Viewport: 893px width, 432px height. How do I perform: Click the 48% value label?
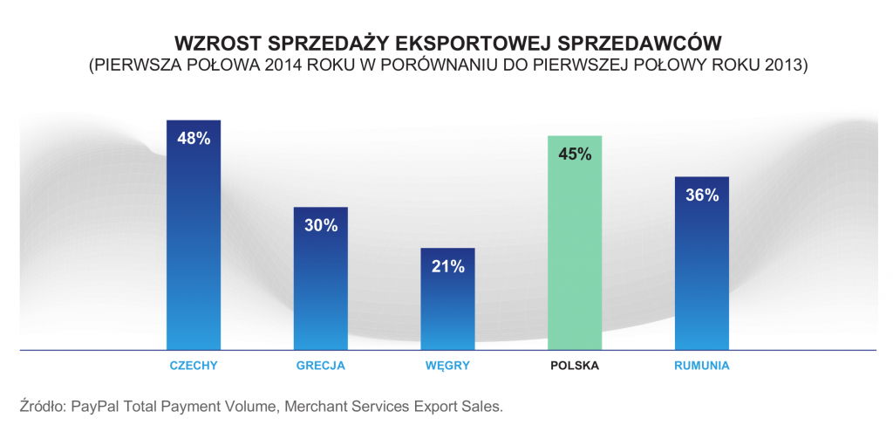[193, 139]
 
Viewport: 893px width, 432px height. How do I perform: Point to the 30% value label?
[320, 225]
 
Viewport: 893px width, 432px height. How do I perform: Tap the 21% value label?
[447, 266]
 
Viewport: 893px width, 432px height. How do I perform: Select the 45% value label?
[575, 154]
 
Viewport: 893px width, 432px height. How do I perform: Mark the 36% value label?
[702, 195]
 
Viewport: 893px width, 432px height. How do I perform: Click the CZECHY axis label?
[193, 366]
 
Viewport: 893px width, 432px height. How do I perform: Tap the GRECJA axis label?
[320, 366]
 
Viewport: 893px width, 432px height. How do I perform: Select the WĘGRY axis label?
[447, 366]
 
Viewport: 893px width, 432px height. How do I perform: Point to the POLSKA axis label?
[575, 366]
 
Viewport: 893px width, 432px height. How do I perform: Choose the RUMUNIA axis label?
[702, 366]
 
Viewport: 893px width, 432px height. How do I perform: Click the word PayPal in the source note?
[95, 407]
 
